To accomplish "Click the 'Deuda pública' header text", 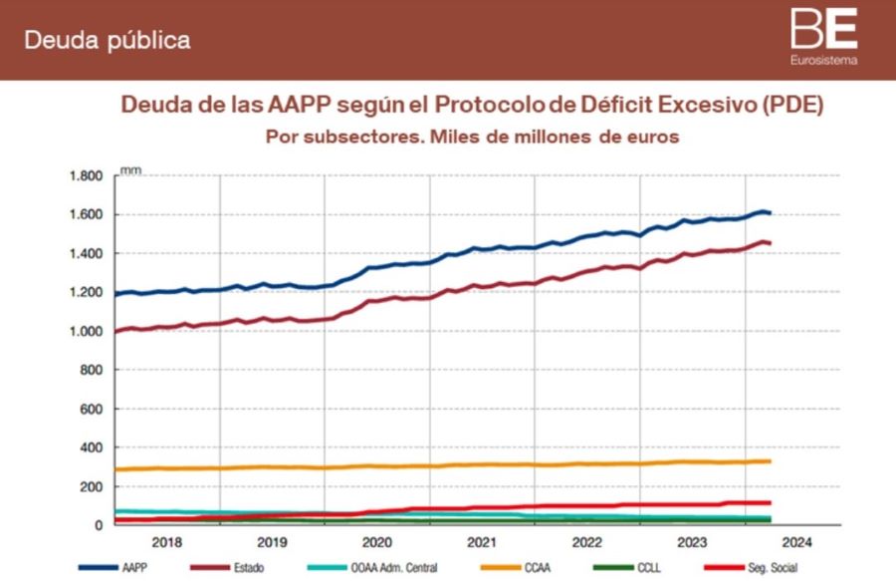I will (107, 41).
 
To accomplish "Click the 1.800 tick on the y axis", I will (88, 176).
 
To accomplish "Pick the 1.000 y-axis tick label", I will (88, 332).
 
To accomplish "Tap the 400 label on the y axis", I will (94, 447).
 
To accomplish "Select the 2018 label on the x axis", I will (167, 543).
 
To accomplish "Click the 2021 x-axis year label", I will (482, 543).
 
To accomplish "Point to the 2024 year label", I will (796, 543).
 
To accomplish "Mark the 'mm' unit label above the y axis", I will (129, 170).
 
